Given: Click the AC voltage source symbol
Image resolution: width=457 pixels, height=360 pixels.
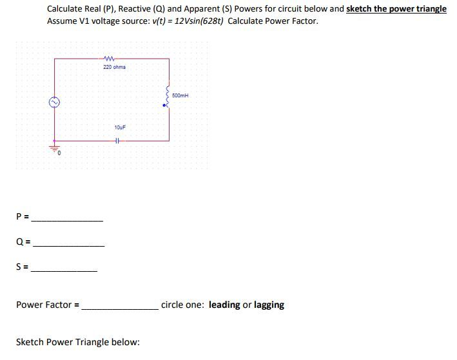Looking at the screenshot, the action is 54,102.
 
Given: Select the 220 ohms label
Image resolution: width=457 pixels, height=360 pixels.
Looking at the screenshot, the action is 114,67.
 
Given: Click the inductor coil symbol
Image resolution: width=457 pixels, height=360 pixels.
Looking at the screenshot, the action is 168,97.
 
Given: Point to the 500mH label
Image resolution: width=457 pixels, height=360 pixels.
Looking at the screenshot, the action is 180,95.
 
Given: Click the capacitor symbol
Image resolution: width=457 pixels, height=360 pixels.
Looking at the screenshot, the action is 116,141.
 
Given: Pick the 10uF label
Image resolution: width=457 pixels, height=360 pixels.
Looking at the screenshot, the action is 120,128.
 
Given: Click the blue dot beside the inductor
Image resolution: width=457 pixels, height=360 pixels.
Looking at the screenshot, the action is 164,106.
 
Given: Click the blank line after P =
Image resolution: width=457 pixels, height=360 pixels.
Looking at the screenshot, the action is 67,221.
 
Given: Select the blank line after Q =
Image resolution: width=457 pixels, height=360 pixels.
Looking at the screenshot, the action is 69,246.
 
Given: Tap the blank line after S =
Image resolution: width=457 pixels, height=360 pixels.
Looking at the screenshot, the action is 64,271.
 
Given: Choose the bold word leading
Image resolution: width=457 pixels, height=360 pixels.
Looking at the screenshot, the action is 224,305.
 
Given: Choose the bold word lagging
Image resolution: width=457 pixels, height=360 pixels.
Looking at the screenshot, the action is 269,305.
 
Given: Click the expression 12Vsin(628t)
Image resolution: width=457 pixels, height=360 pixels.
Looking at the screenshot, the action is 199,21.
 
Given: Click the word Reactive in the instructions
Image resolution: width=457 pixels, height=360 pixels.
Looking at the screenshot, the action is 134,9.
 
